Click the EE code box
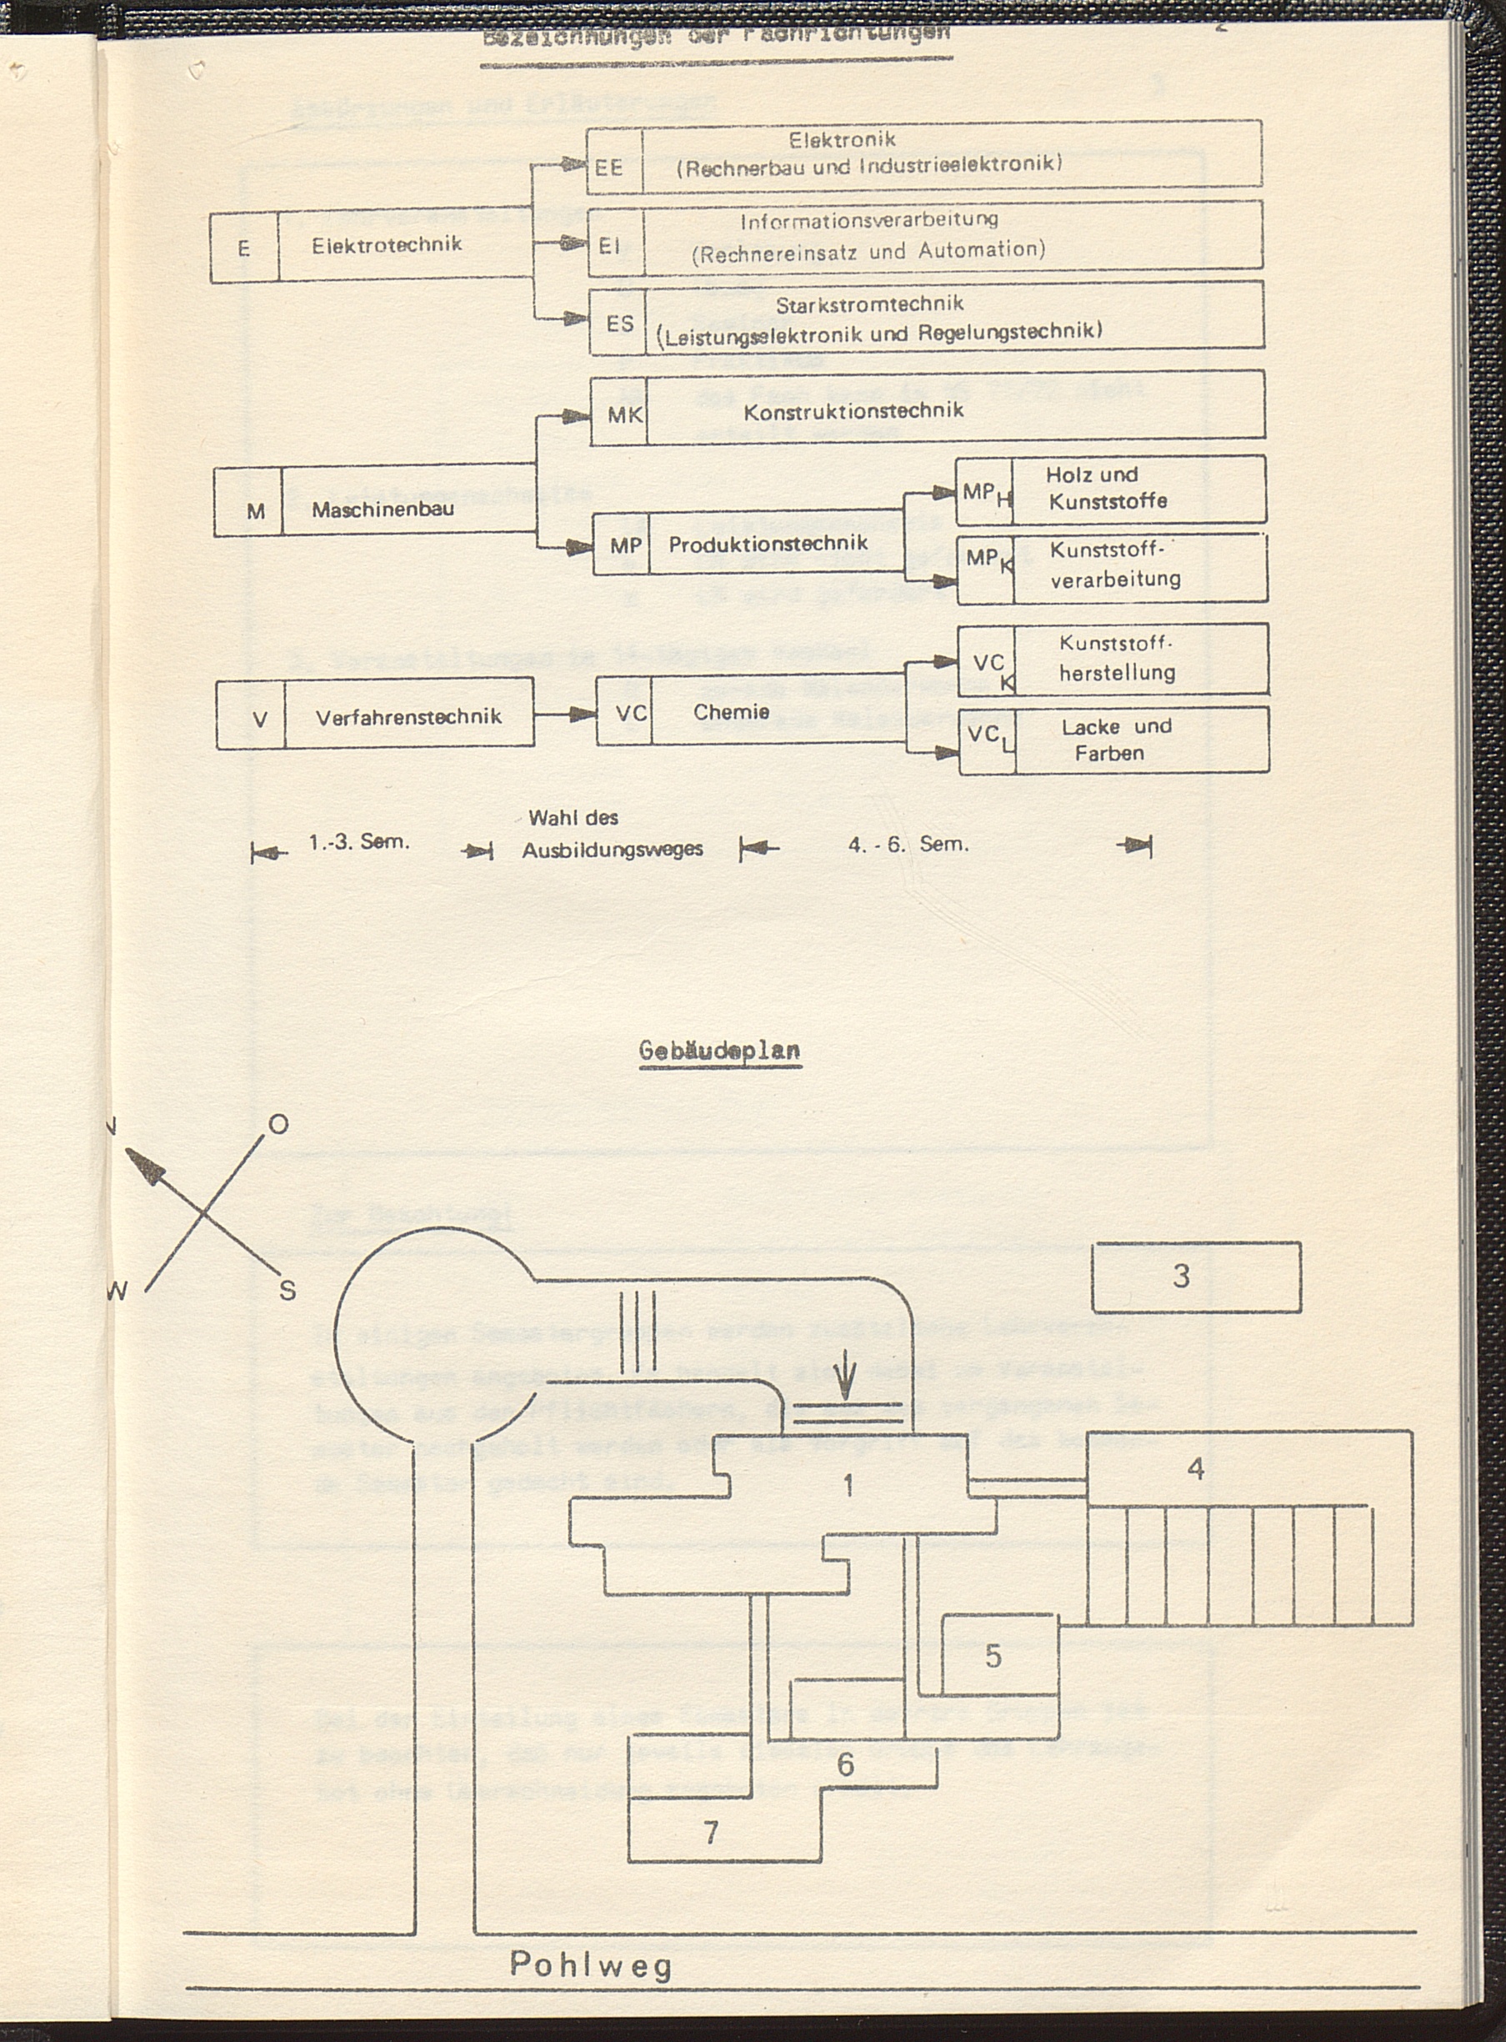(x=609, y=168)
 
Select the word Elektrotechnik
(x=387, y=244)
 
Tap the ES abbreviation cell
(x=620, y=323)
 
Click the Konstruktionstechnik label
(x=853, y=411)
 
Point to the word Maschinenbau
(x=383, y=509)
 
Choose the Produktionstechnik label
(x=768, y=544)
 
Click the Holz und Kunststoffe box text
(x=1107, y=488)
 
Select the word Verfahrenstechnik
(x=408, y=717)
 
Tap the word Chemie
(x=731, y=711)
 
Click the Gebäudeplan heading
(x=719, y=1050)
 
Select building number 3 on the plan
(x=1181, y=1275)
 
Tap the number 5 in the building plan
(x=993, y=1655)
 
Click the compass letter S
(x=288, y=1291)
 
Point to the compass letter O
(x=278, y=1124)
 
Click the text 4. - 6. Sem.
(x=908, y=845)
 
